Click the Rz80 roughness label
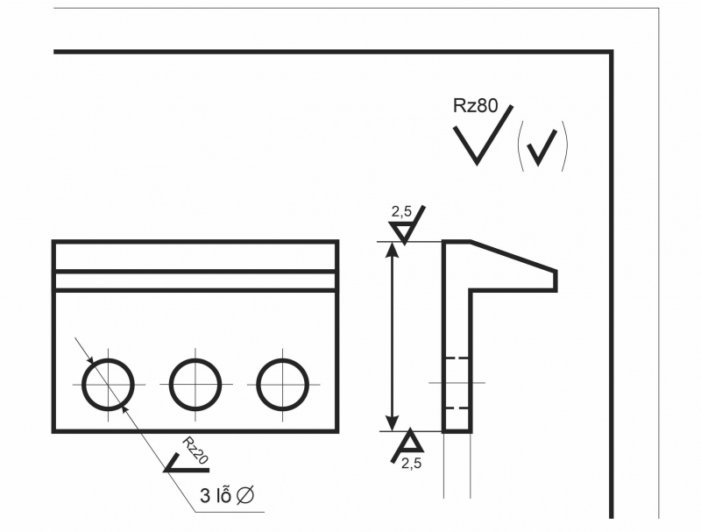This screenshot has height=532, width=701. tap(475, 106)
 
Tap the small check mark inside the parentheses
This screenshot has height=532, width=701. tap(543, 147)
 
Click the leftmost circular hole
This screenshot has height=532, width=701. tap(108, 384)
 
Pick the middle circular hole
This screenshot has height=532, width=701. tap(195, 384)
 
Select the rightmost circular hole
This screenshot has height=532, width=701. tap(282, 384)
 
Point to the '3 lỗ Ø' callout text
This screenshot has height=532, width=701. tap(227, 496)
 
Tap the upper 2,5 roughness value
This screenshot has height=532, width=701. tap(401, 212)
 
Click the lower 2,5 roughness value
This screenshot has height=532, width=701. tap(411, 465)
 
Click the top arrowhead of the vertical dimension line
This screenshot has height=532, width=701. tap(393, 249)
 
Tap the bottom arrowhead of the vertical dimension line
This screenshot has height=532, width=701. tap(393, 423)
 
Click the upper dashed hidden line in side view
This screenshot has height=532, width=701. tap(457, 358)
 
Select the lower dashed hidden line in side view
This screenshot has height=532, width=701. tap(457, 408)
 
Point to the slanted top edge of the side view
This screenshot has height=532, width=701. tap(513, 255)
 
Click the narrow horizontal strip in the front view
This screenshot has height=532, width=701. tap(195, 280)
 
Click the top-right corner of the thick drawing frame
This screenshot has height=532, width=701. tap(611, 52)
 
